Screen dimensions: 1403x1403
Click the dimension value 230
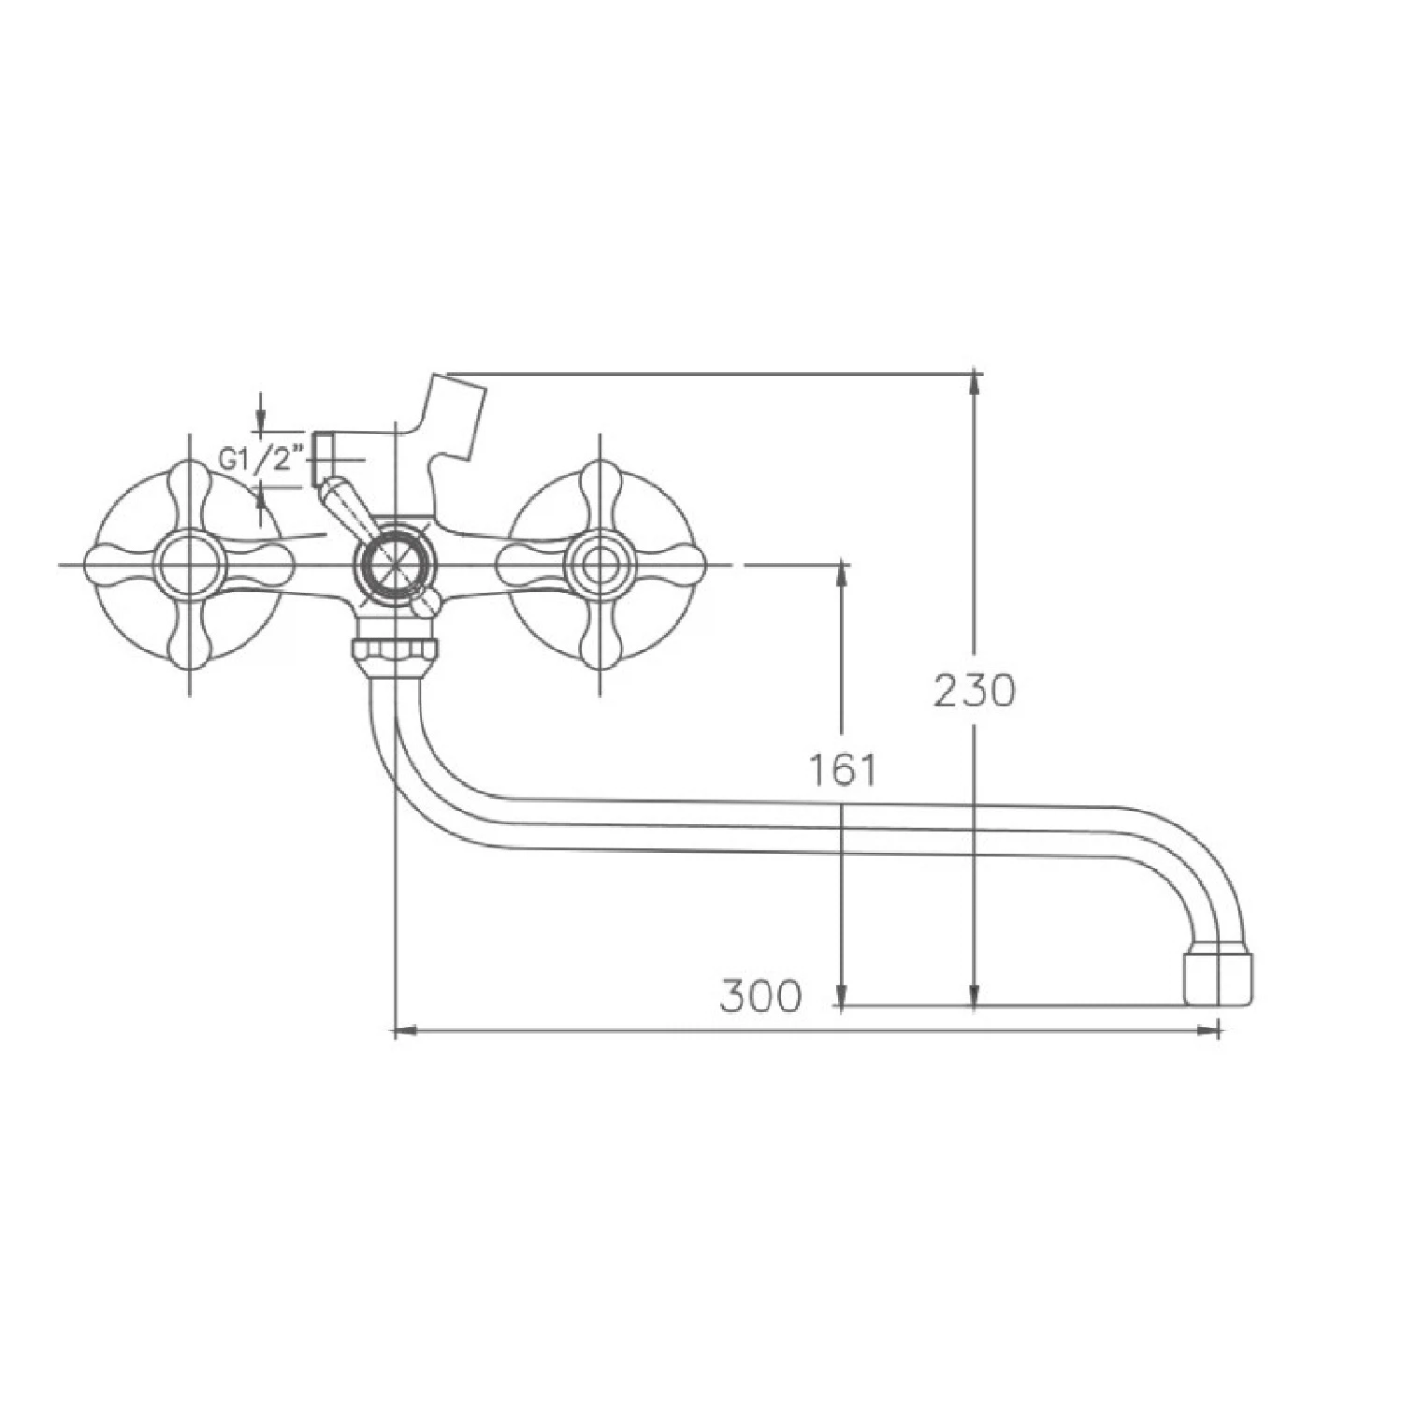point(974,691)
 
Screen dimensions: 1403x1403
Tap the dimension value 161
point(844,770)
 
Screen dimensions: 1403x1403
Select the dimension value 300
point(760,996)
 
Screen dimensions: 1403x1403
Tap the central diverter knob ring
point(394,565)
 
